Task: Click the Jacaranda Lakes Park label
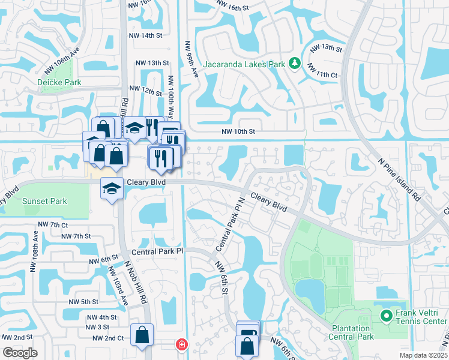pyautogui.click(x=244, y=63)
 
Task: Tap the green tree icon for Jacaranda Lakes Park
pyautogui.click(x=295, y=62)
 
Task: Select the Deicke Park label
pyautogui.click(x=59, y=82)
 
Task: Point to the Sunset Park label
pyautogui.click(x=44, y=202)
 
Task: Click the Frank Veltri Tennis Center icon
pyautogui.click(x=386, y=314)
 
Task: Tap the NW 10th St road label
pyautogui.click(x=238, y=131)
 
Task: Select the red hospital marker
pyautogui.click(x=180, y=345)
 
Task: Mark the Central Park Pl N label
pyautogui.click(x=230, y=224)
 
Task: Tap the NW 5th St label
pyautogui.click(x=83, y=302)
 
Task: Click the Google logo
pyautogui.click(x=20, y=353)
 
